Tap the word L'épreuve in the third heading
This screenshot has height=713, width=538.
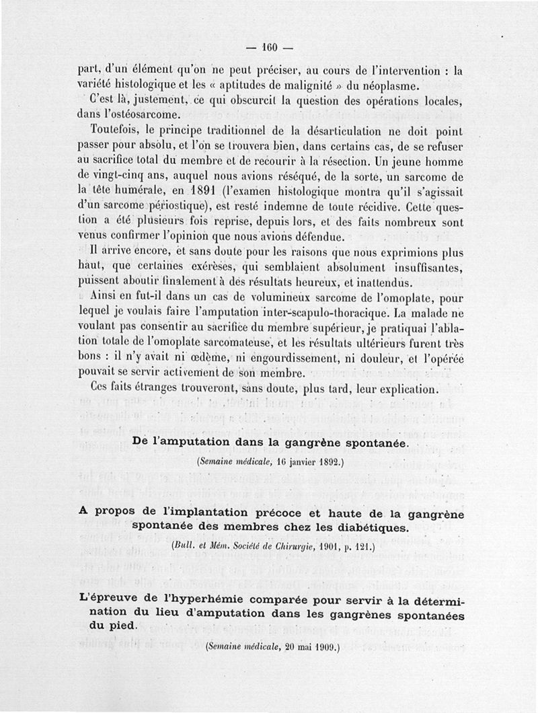point(104,597)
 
